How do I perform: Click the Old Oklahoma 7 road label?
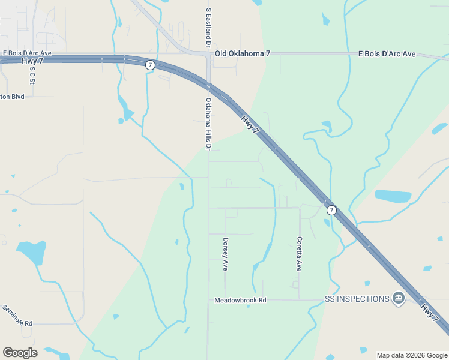coord(243,53)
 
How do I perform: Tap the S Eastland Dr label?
coord(208,28)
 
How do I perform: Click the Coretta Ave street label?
coord(299,254)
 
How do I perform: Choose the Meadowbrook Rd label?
coord(240,299)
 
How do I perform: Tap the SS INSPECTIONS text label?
coord(357,299)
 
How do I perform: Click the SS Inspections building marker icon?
coord(398,298)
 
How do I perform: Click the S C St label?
coord(32,74)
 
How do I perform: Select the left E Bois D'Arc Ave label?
coord(27,53)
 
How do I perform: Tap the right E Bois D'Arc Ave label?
coord(387,54)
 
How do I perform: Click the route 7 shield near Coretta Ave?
coord(331,210)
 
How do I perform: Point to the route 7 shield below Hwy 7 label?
coord(150,65)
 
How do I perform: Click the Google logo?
coord(20,353)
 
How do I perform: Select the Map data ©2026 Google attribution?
coord(411,355)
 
